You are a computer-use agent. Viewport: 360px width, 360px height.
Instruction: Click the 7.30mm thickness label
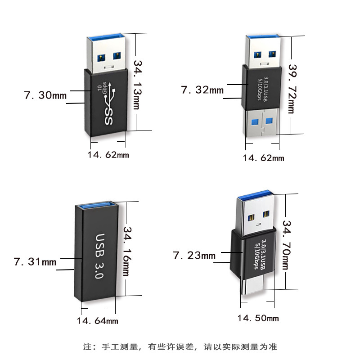pyautogui.click(x=45, y=95)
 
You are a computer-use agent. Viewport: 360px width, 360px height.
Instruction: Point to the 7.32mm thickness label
pyautogui.click(x=202, y=90)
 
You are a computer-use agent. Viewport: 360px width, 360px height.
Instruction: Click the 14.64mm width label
pyautogui.click(x=97, y=321)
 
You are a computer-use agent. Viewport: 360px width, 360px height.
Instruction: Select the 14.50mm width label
pyautogui.click(x=258, y=319)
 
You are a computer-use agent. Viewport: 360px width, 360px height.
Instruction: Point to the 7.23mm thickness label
pyautogui.click(x=194, y=256)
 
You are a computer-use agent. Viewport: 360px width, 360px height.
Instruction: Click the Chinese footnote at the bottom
pyautogui.click(x=180, y=347)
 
